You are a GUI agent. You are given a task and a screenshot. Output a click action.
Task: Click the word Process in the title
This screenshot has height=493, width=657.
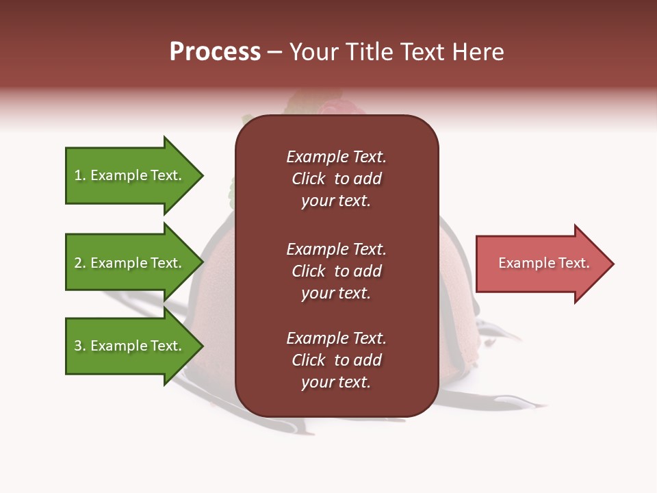(215, 52)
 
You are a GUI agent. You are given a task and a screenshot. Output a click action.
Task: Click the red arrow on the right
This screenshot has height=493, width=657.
(541, 264)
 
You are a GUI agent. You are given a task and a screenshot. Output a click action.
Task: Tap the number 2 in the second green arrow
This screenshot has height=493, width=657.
(77, 263)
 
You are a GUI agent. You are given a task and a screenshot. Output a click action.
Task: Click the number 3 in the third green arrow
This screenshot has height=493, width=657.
(77, 346)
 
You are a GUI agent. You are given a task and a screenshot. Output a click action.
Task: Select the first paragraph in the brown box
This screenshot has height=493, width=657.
(336, 179)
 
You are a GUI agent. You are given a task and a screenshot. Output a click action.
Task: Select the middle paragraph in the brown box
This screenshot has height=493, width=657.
(336, 271)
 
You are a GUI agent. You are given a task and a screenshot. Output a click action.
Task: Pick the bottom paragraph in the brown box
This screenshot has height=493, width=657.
(336, 360)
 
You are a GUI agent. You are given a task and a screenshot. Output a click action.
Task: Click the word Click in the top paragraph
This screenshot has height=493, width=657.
(308, 179)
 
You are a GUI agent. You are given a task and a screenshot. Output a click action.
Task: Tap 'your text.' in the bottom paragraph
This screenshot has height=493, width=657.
(335, 382)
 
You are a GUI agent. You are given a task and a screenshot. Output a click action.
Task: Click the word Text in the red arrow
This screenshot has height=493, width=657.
(574, 263)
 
